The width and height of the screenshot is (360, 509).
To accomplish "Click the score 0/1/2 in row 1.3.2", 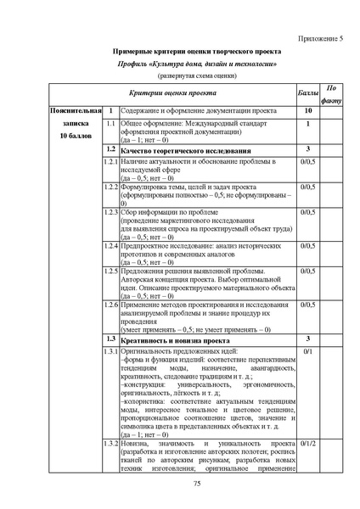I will click(x=308, y=443).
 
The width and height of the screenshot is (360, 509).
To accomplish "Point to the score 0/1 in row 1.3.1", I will click(x=308, y=350).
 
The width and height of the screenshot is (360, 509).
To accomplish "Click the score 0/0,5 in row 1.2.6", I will click(x=308, y=304).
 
